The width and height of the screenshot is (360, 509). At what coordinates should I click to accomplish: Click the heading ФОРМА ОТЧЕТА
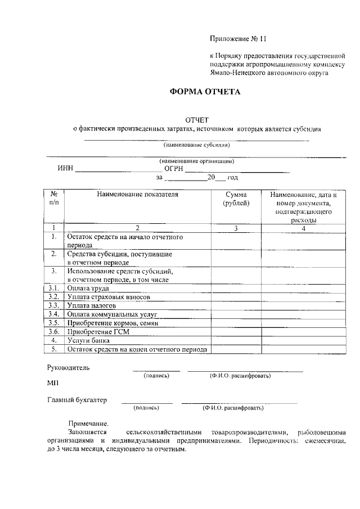point(205,92)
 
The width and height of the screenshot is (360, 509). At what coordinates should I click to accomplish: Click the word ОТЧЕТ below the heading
point(197,119)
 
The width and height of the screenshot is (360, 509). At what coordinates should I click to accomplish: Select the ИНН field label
point(65,168)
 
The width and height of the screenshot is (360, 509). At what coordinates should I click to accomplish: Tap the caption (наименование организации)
point(196,161)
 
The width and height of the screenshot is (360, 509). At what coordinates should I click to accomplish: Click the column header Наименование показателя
point(137,195)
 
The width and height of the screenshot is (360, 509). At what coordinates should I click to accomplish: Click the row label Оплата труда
point(88,288)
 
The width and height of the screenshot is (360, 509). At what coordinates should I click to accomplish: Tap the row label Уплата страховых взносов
point(109,296)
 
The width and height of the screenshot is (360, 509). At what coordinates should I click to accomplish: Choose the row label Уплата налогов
point(92,305)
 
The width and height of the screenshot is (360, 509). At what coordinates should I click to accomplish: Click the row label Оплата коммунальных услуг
point(112,314)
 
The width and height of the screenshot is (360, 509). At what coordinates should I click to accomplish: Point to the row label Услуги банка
point(89,340)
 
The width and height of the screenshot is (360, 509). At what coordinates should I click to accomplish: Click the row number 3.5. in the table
point(54,323)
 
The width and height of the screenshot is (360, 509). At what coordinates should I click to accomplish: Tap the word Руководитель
point(69,368)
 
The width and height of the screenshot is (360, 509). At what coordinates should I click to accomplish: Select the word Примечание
point(88,423)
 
